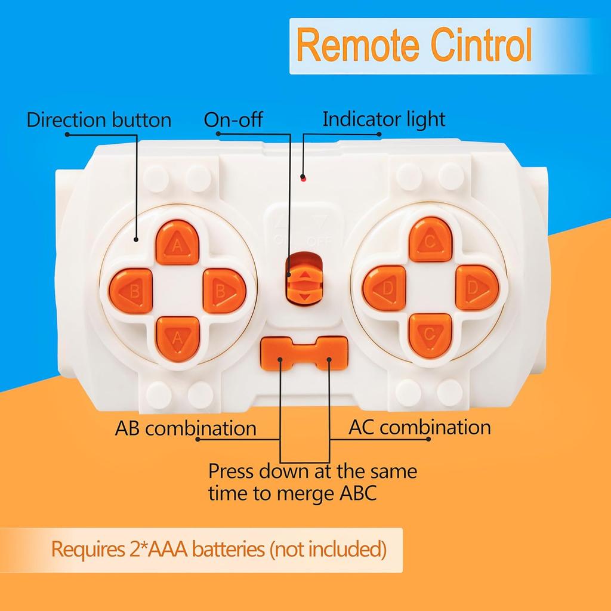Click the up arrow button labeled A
pos(177,242)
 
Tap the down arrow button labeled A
pos(178,339)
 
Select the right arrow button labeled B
pos(224,291)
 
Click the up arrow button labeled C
pos(430,239)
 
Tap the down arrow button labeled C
pos(430,336)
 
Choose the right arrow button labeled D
pos(477,288)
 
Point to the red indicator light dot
pos(303,178)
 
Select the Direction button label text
pos(99,119)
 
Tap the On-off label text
pos(233,119)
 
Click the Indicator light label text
pos(384,119)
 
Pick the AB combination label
pos(186,428)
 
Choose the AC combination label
pos(419,427)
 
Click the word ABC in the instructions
pos(358,493)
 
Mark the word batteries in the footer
pos(229,549)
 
